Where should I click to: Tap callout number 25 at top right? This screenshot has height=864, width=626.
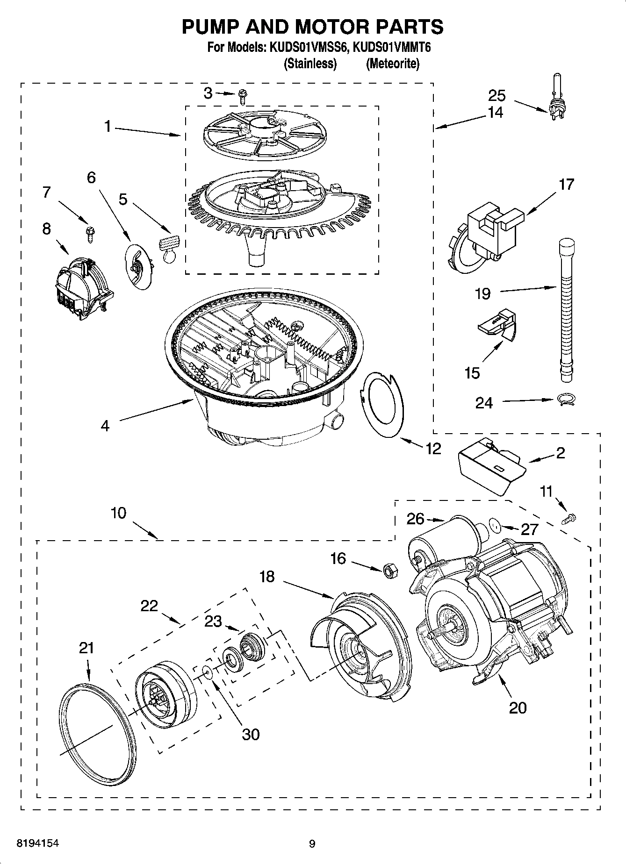click(x=497, y=96)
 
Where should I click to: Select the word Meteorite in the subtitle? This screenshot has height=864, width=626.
click(x=392, y=64)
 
